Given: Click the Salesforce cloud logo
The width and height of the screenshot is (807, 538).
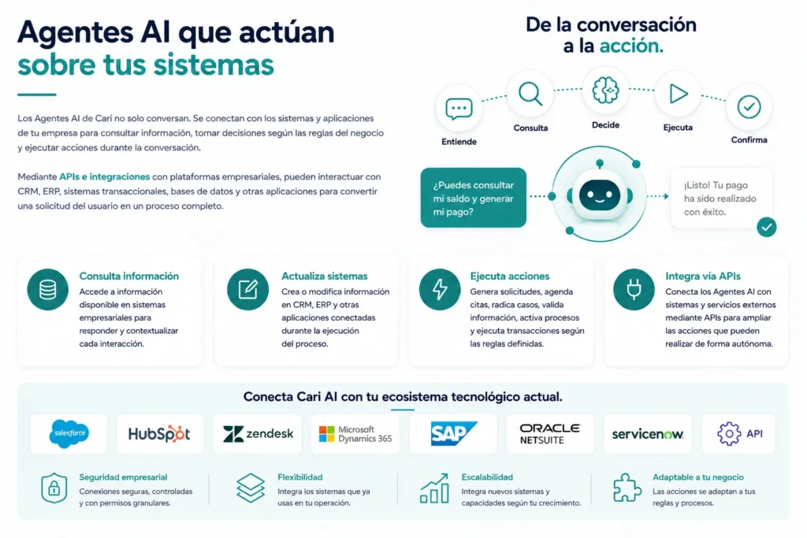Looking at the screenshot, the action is pos(69,433).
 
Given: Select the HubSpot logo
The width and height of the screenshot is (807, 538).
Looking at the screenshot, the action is pos(159,434).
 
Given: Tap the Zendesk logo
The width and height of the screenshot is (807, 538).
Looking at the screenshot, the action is pos(258,434).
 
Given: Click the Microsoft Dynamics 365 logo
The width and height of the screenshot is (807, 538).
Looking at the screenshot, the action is pos(355,434).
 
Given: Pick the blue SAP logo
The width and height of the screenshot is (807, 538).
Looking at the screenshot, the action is pos(453,433).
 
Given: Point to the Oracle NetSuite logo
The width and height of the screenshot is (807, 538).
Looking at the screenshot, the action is pos(549,434).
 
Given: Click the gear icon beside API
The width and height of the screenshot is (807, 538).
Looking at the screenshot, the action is pos(729,434).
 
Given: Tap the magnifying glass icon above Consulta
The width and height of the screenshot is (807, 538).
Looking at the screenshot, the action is pos(530,94).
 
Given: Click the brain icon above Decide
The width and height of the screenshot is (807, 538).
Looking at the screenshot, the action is pos(605,91).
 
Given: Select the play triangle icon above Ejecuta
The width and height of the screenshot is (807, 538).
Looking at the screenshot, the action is pos(679,94).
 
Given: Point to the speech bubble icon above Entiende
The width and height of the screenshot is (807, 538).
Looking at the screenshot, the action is pos(459,109).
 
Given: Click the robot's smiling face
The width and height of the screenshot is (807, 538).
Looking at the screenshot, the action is pos(600,196).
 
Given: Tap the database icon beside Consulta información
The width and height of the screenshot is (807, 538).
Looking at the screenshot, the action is pos(48,290).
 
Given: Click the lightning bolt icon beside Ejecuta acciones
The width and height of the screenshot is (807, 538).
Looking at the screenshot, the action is pos(440,290).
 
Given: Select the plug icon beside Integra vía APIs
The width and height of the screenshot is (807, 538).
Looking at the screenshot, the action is pos(634,290).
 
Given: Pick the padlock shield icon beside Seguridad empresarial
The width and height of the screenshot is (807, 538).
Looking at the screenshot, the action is pos(54,488).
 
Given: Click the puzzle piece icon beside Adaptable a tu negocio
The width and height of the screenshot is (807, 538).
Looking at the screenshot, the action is pos(627,488).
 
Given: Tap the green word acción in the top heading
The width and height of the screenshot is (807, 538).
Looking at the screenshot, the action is pos(631,46).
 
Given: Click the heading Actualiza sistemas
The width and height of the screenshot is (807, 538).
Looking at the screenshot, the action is pos(324,276).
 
